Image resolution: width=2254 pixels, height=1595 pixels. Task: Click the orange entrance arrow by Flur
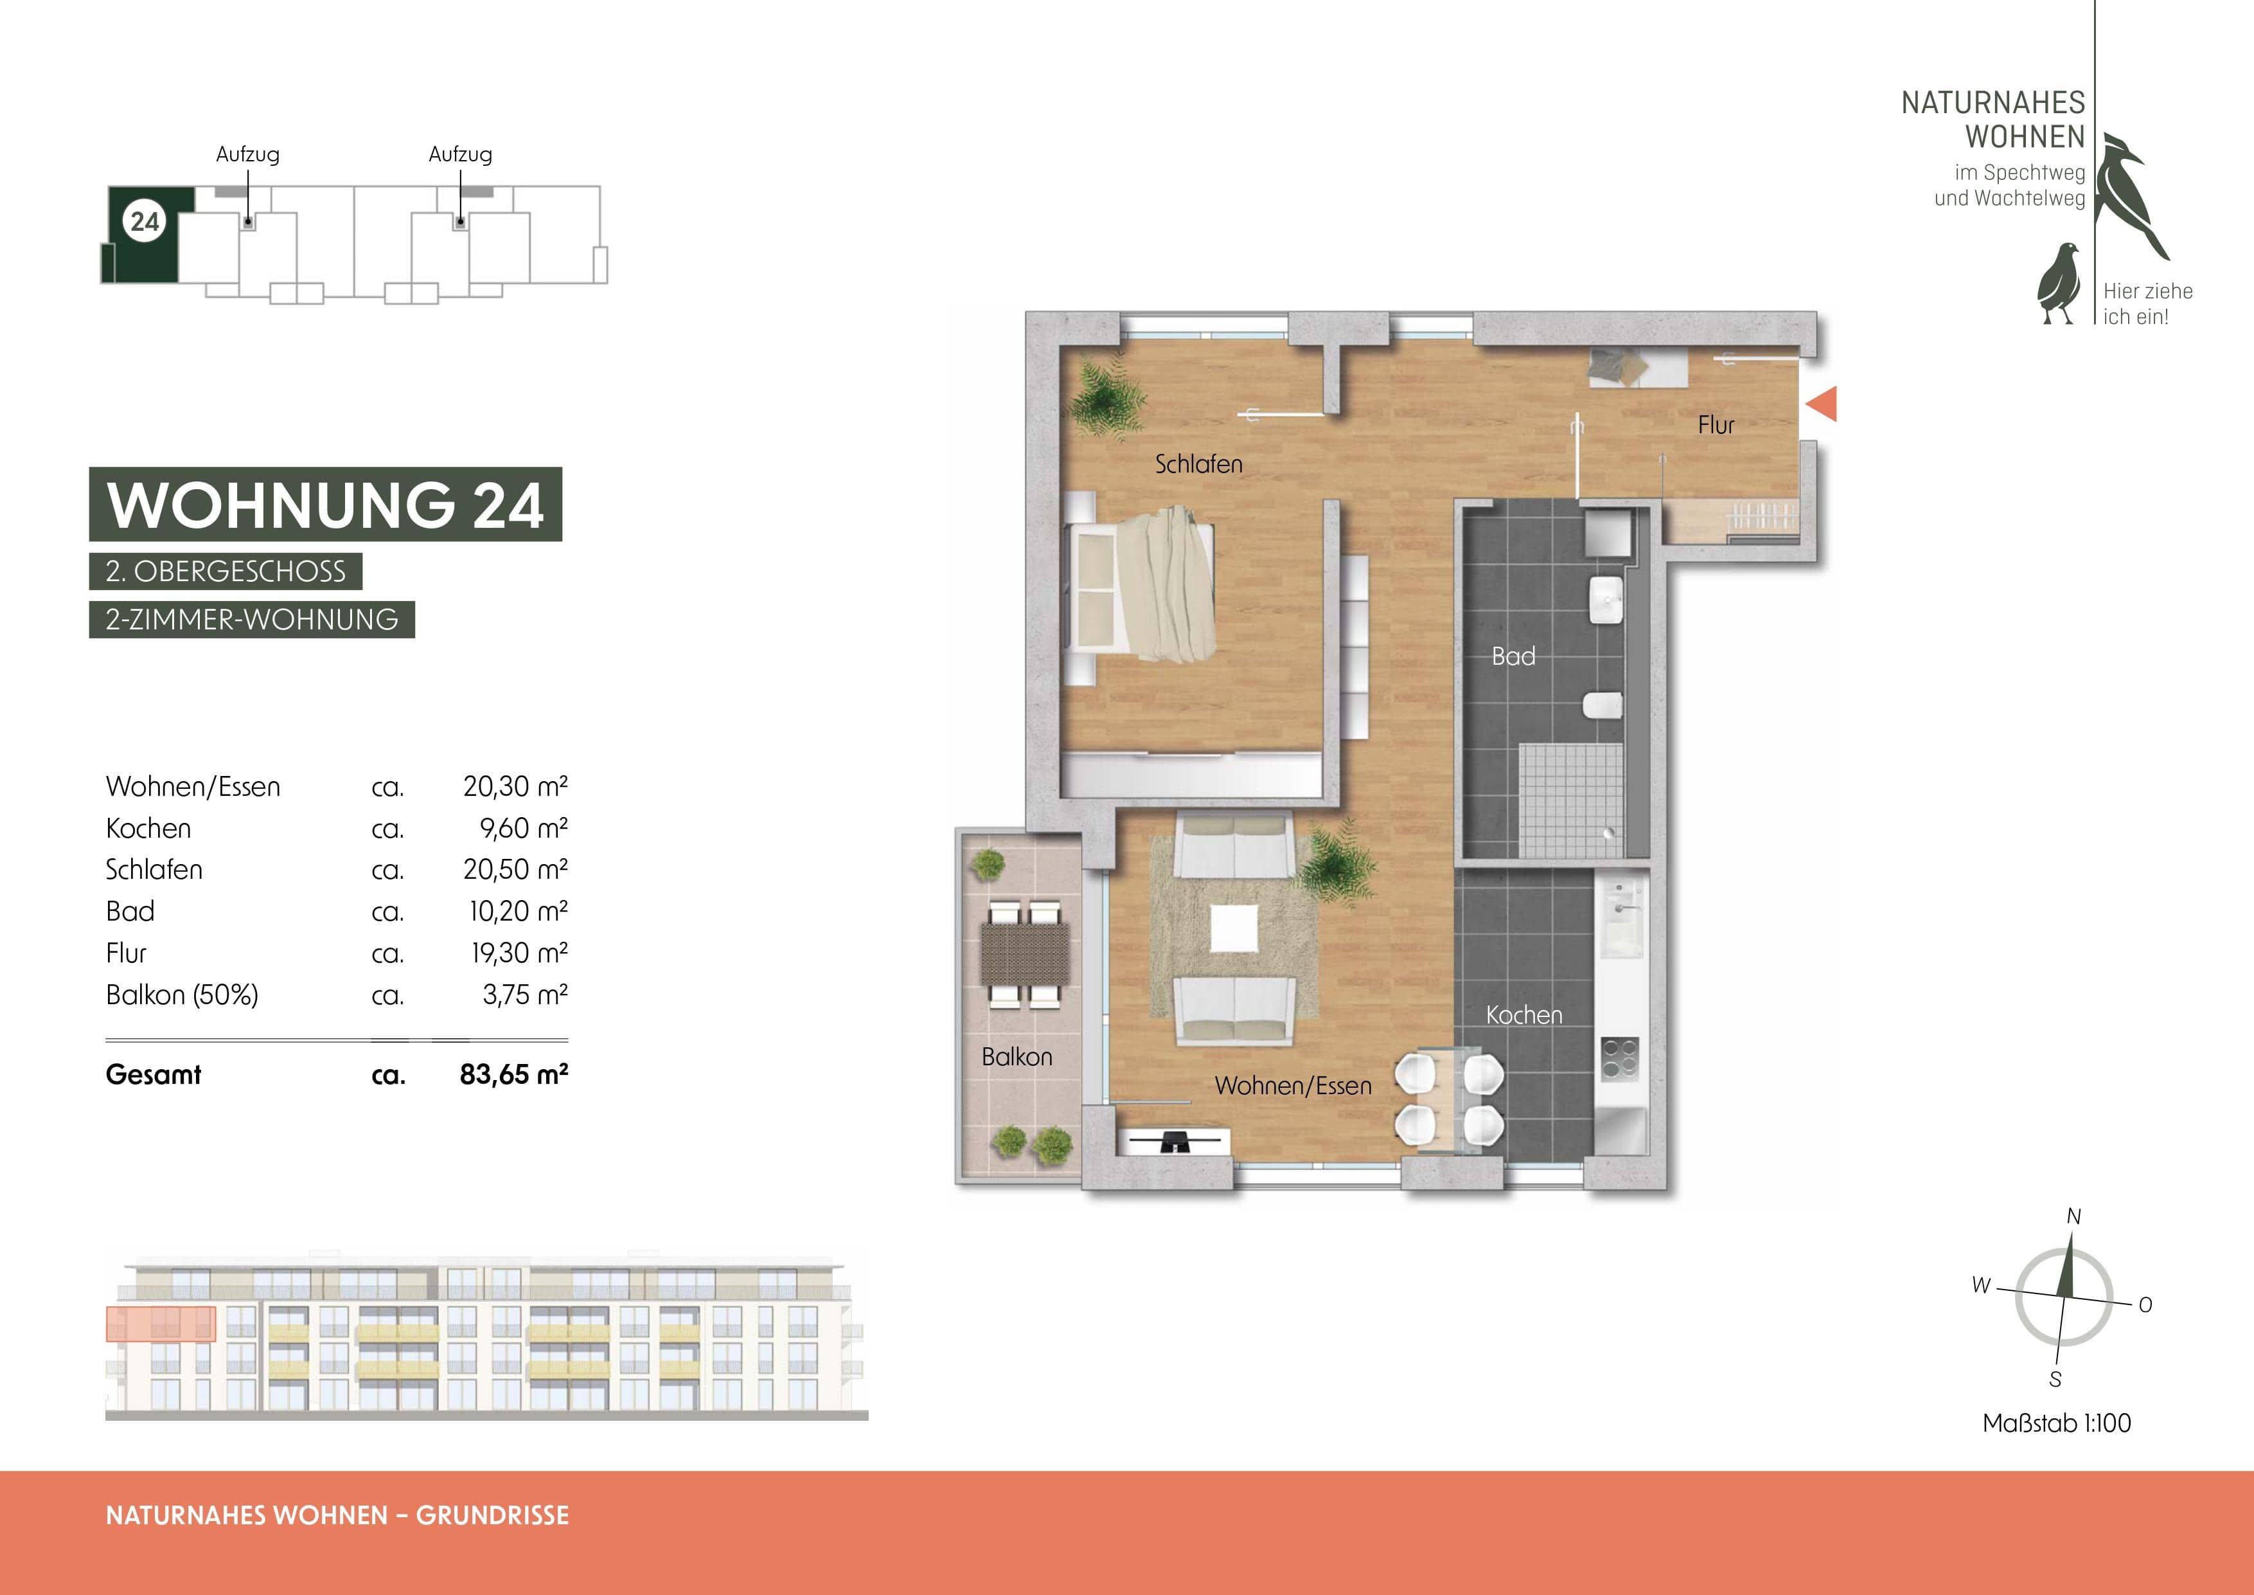[1823, 404]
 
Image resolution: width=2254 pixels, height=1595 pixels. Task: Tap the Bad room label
[1513, 656]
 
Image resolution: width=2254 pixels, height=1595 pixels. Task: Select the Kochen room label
[1523, 1014]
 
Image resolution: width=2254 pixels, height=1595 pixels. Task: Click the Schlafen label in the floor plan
[1198, 464]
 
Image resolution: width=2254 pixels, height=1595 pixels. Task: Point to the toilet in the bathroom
[1602, 706]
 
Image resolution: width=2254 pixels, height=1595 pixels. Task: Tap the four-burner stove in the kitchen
[1619, 1058]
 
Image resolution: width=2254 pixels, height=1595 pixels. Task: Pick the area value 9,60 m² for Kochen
[523, 828]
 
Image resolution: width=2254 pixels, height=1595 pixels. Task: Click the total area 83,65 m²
[513, 1074]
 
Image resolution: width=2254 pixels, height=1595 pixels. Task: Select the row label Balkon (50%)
[182, 995]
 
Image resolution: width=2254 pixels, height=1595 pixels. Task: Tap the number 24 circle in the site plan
[145, 221]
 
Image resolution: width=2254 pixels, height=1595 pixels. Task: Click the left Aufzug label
[247, 154]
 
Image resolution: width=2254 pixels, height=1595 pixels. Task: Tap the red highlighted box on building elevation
[160, 1324]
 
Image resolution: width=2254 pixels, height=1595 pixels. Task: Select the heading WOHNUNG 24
[325, 505]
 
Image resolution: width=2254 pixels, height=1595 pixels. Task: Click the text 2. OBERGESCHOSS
[226, 572]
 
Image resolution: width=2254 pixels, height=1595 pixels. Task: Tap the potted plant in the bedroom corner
[1106, 397]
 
